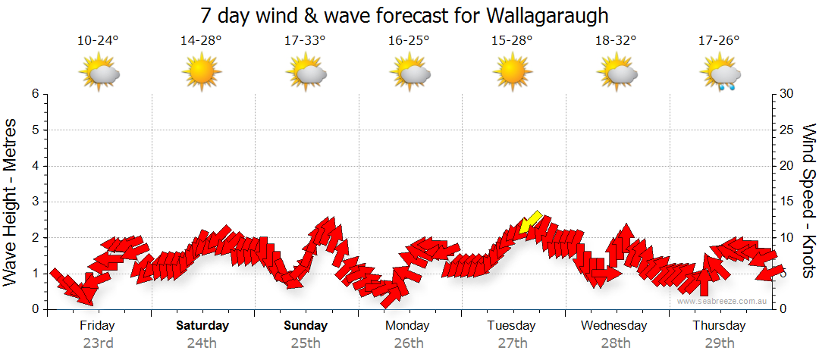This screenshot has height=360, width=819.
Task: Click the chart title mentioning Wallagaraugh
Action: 405,15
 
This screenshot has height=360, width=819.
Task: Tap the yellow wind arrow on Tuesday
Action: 530,223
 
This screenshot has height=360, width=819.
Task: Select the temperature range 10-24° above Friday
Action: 99,41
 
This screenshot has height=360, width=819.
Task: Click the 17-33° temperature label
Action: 305,41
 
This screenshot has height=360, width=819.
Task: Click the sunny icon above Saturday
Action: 201,73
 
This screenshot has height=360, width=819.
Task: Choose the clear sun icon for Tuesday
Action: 512,73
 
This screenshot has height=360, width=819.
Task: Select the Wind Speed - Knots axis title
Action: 808,201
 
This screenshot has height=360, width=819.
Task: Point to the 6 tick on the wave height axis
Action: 35,94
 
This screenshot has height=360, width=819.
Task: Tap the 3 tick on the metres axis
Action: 35,202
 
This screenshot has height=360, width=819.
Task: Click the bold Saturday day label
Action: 202,326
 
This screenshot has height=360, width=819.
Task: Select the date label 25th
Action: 305,343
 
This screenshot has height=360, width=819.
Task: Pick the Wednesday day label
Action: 614,326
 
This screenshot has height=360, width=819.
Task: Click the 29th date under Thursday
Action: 719,343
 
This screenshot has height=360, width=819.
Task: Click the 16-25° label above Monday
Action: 408,41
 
